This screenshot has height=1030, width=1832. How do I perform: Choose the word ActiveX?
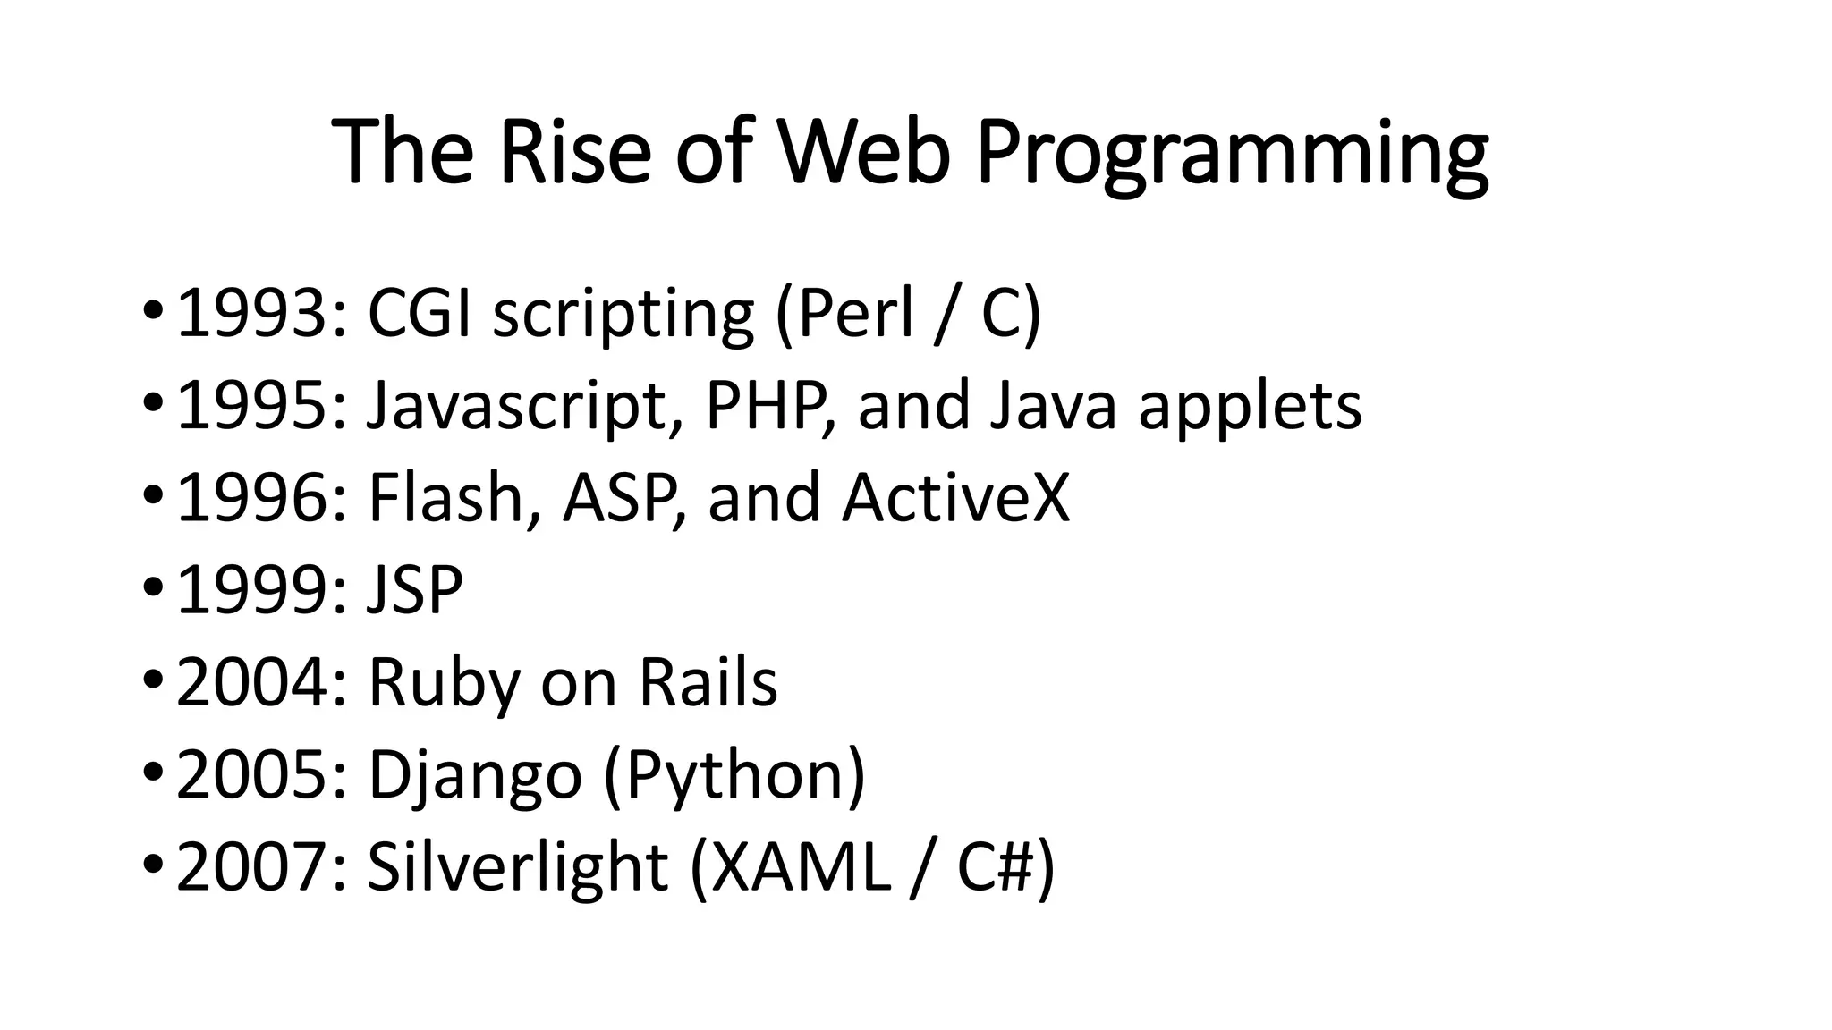click(955, 498)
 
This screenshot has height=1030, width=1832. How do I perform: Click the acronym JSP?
click(415, 590)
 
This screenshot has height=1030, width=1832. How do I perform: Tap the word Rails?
click(708, 682)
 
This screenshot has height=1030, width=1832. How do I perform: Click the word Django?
click(475, 776)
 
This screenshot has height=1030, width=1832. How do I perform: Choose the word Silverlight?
click(517, 869)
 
